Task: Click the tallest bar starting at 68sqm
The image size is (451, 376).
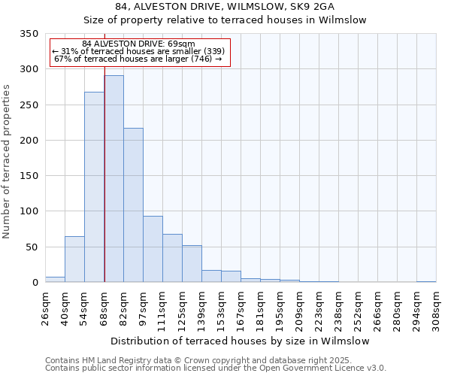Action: click(x=114, y=179)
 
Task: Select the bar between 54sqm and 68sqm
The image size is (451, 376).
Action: click(x=94, y=187)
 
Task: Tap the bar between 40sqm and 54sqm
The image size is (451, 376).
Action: click(x=74, y=259)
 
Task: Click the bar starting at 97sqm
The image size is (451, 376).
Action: click(x=153, y=249)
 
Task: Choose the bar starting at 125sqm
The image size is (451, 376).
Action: click(x=192, y=264)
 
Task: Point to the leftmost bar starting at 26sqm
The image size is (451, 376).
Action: click(x=55, y=279)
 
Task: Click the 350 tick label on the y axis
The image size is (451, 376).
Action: click(x=29, y=34)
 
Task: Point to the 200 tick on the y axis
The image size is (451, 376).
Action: click(x=29, y=141)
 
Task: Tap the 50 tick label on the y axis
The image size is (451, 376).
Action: click(x=32, y=247)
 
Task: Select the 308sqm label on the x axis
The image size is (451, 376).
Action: click(x=437, y=308)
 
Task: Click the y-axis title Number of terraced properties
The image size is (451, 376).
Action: click(x=8, y=162)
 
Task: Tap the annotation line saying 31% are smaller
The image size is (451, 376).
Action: click(x=138, y=51)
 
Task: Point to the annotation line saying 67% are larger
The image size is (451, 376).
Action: click(x=138, y=59)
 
